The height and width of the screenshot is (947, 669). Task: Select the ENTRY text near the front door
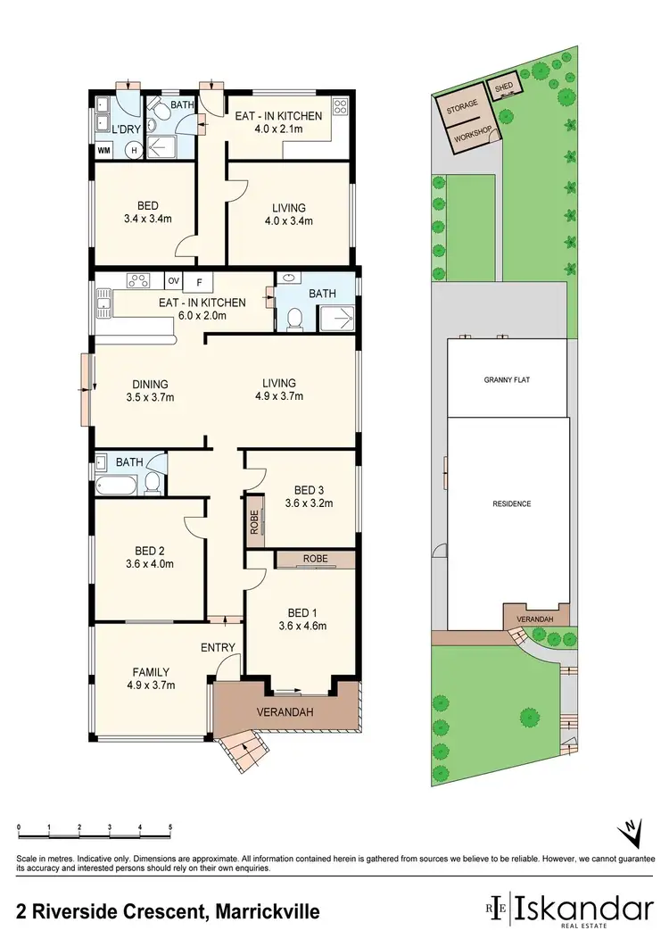click(219, 647)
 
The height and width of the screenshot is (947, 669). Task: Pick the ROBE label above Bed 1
click(315, 558)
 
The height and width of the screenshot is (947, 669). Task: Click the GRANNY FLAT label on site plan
click(507, 378)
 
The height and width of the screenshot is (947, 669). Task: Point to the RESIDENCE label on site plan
click(511, 503)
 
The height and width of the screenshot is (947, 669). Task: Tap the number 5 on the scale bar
click(169, 828)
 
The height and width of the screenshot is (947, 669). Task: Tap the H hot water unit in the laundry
click(135, 150)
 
